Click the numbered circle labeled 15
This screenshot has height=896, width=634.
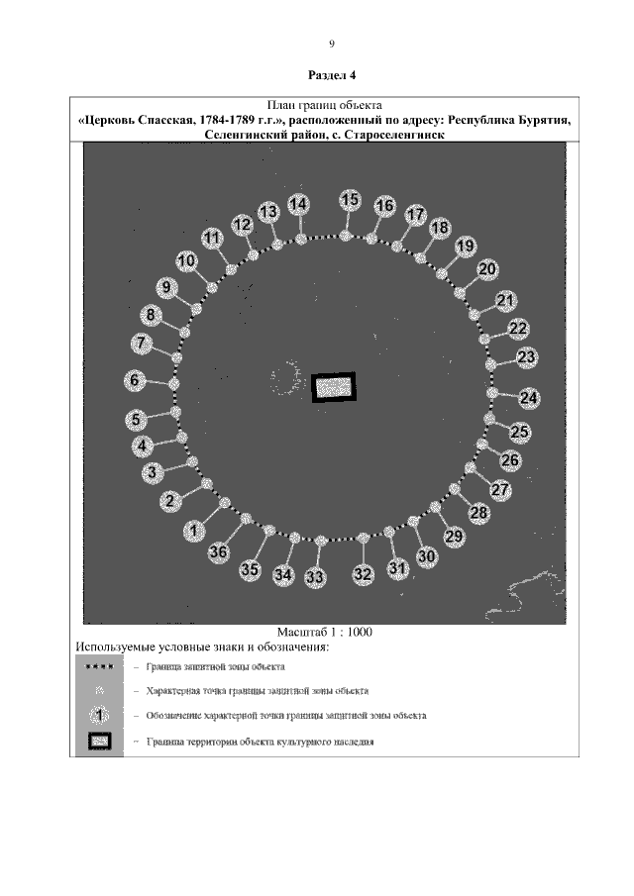point(350,200)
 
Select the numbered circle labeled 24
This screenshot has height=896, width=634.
point(530,398)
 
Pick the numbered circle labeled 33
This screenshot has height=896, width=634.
point(316,576)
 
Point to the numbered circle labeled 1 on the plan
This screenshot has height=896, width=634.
point(195,532)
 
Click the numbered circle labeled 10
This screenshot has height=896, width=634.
point(187,261)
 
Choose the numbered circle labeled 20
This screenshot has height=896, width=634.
point(487,269)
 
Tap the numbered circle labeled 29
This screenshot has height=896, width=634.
point(455,537)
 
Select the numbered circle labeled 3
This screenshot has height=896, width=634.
point(153,473)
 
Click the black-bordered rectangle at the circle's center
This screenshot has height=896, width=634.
point(334,387)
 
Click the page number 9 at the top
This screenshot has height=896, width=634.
point(332,44)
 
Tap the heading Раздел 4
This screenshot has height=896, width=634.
point(332,75)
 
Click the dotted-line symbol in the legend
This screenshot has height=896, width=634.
point(96,667)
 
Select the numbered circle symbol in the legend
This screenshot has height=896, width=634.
point(96,714)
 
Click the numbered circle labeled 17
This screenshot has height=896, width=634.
point(416,215)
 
